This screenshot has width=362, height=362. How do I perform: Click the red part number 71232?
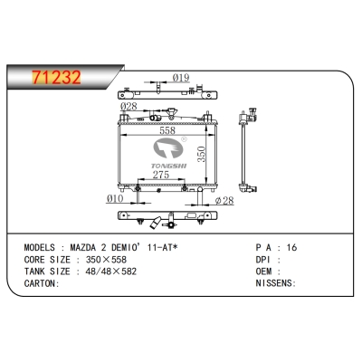(56, 77)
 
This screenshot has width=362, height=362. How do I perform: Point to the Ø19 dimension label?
(181, 78)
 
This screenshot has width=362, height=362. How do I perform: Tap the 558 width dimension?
(167, 130)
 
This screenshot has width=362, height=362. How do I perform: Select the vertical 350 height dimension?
(202, 154)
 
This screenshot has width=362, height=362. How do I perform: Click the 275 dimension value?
(161, 175)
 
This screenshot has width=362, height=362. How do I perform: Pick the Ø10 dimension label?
(115, 198)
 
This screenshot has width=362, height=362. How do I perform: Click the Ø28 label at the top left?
(129, 106)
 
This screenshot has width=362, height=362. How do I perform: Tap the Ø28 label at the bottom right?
(224, 200)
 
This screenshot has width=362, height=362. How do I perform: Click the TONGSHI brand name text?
(169, 166)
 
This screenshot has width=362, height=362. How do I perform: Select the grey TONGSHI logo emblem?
(168, 148)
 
